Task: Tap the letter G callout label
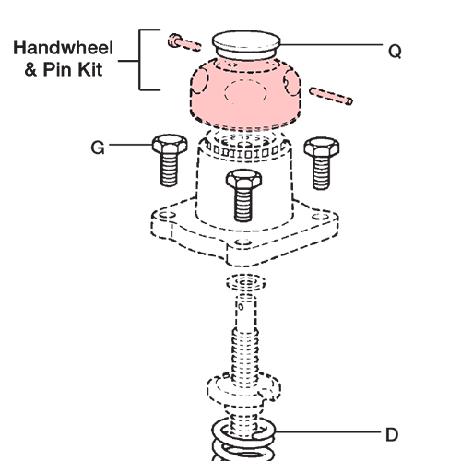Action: pyautogui.click(x=99, y=146)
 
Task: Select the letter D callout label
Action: pyautogui.click(x=394, y=432)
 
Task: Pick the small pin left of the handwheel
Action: pyautogui.click(x=183, y=41)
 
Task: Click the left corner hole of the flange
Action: pyautogui.click(x=164, y=219)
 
